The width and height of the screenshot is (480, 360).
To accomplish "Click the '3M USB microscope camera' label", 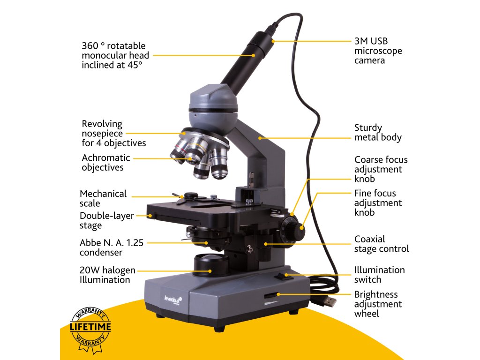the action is coord(378,51).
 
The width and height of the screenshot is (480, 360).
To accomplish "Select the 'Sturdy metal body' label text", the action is coord(378,132).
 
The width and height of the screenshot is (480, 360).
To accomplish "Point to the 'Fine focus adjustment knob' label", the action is coord(378,202).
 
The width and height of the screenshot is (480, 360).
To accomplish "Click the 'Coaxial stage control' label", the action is coord(381,244).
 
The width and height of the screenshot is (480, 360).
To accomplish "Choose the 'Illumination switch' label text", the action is coord(379,275).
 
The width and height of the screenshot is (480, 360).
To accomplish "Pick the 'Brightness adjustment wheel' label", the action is coord(378,304).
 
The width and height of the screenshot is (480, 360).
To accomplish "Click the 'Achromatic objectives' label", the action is coord(106,163).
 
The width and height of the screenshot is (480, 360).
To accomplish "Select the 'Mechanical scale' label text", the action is coord(103,198).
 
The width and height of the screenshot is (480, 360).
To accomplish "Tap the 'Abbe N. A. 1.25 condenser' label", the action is coord(112,247).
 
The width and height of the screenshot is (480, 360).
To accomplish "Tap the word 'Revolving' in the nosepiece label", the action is coord(102,124).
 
